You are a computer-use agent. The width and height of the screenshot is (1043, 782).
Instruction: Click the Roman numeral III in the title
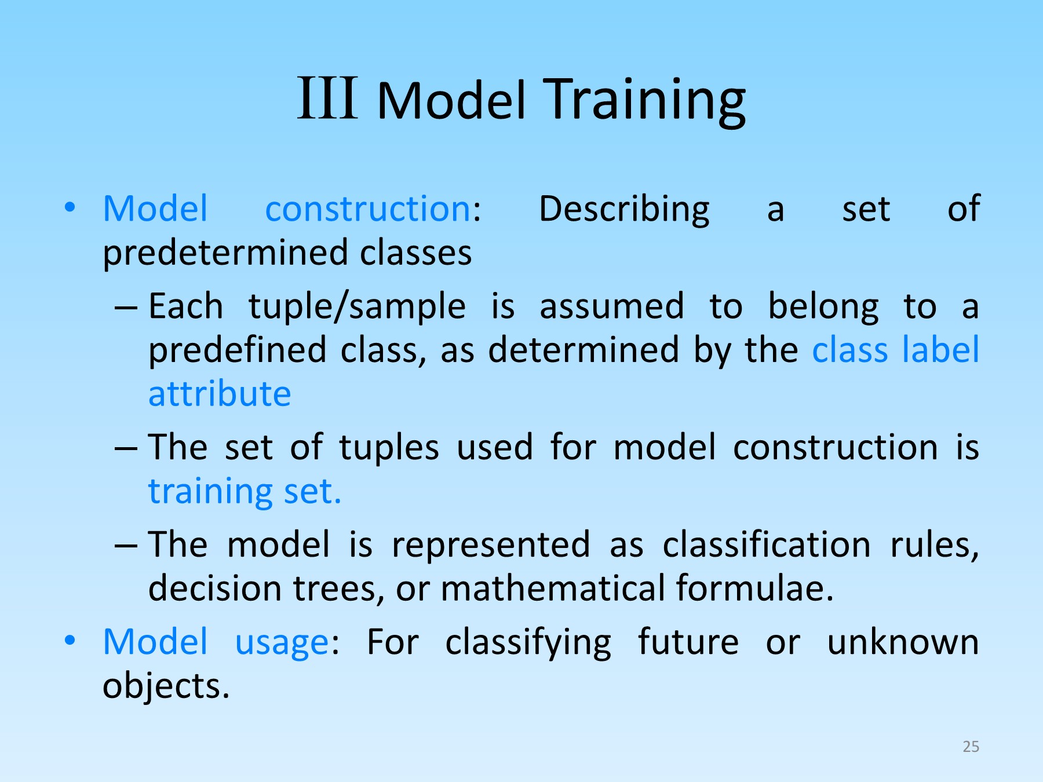coord(327,98)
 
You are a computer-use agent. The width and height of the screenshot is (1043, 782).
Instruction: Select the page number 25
coord(971,747)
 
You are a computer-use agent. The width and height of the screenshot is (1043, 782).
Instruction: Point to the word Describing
coord(624,210)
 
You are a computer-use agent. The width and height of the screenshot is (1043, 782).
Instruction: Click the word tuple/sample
coord(357,307)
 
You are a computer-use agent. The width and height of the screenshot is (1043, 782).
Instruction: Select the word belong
coord(823,307)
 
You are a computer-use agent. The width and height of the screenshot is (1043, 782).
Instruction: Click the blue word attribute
coord(220,394)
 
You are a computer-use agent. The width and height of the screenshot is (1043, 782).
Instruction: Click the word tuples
coord(389,448)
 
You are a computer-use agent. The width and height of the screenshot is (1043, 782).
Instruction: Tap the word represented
coord(491,546)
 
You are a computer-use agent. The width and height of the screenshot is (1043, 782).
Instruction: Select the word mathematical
coord(553,589)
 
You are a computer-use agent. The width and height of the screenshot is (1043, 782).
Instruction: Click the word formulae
coord(754,589)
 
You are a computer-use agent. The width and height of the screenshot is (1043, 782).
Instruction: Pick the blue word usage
coord(282,643)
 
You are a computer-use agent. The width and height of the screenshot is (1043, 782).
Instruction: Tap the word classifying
coord(528,643)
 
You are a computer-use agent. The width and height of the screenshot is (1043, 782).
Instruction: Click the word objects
coord(166,687)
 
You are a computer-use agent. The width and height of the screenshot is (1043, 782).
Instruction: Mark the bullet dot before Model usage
coord(70,640)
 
